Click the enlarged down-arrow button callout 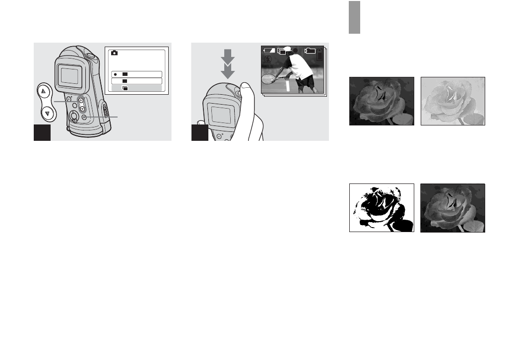tap(47, 113)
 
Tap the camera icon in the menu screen tap(114, 53)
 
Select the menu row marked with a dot tap(136, 74)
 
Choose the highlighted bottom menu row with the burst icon tap(136, 88)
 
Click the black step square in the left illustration tap(42, 132)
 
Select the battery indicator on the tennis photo tap(269, 51)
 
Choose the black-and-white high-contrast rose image tap(382, 208)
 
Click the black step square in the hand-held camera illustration tap(200, 132)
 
